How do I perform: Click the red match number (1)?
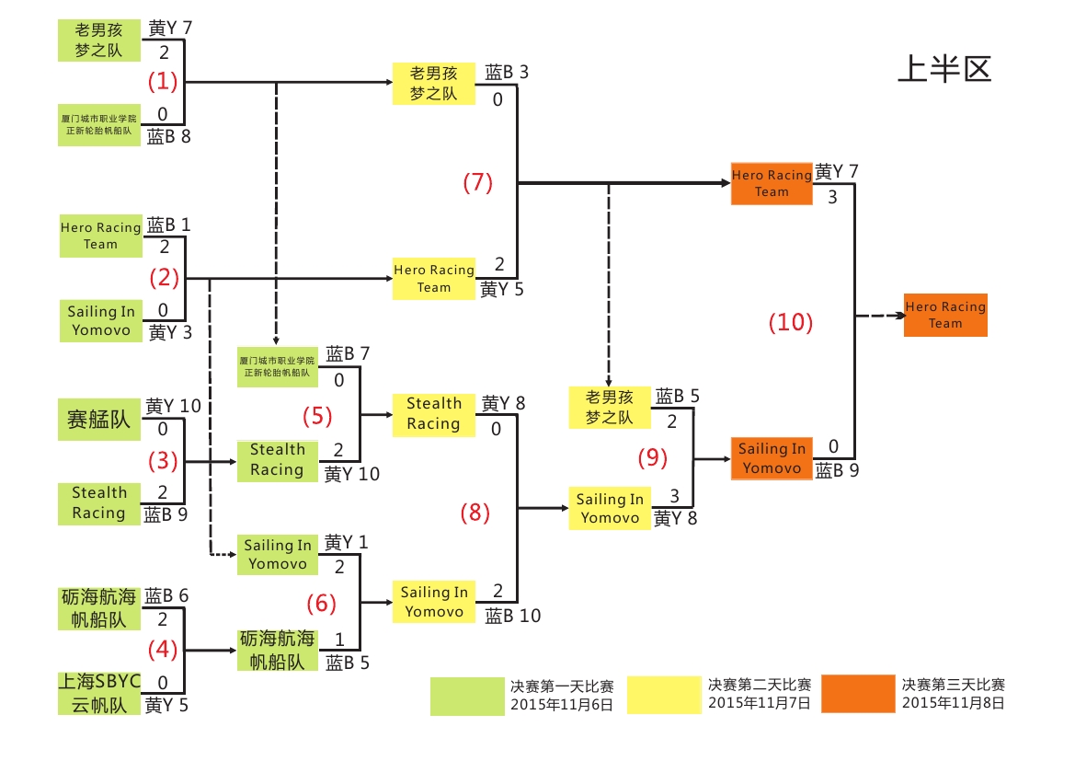coord(163,82)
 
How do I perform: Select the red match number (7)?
coord(477,183)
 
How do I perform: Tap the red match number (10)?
coord(791,323)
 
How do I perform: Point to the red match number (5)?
coord(317,417)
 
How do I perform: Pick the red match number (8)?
coord(475,513)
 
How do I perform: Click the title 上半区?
coord(944,69)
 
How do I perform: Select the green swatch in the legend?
coord(468,696)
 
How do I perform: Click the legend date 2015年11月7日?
coord(759,703)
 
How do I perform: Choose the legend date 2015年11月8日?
coord(953,703)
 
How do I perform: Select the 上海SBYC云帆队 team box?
coord(99,694)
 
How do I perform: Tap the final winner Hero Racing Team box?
coord(945,315)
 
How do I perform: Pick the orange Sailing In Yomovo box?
coord(772,458)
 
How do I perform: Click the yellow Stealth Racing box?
coord(433,413)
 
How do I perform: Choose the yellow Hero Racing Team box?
coord(433,279)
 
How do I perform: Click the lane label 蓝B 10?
coord(513,616)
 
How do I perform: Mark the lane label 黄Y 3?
coord(170,332)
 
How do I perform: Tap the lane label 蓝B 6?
coord(166,596)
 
